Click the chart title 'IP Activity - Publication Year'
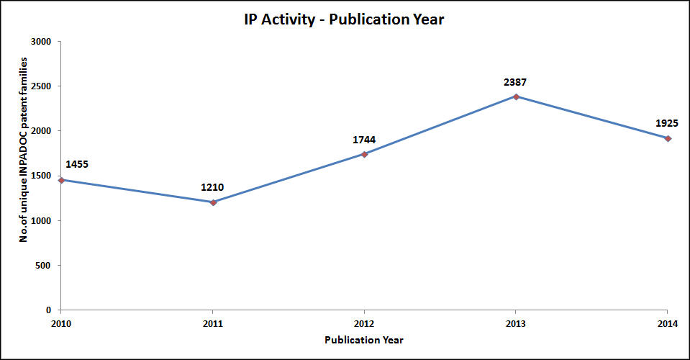(343, 20)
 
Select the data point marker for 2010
(61, 180)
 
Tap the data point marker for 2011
(213, 202)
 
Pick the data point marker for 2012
(365, 154)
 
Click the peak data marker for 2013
(517, 96)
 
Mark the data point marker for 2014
(668, 138)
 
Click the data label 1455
(77, 164)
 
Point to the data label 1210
(212, 188)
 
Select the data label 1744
(364, 140)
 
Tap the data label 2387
(516, 82)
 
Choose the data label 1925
(667, 123)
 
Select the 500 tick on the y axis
(45, 266)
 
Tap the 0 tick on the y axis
(49, 310)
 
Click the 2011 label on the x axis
(213, 323)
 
